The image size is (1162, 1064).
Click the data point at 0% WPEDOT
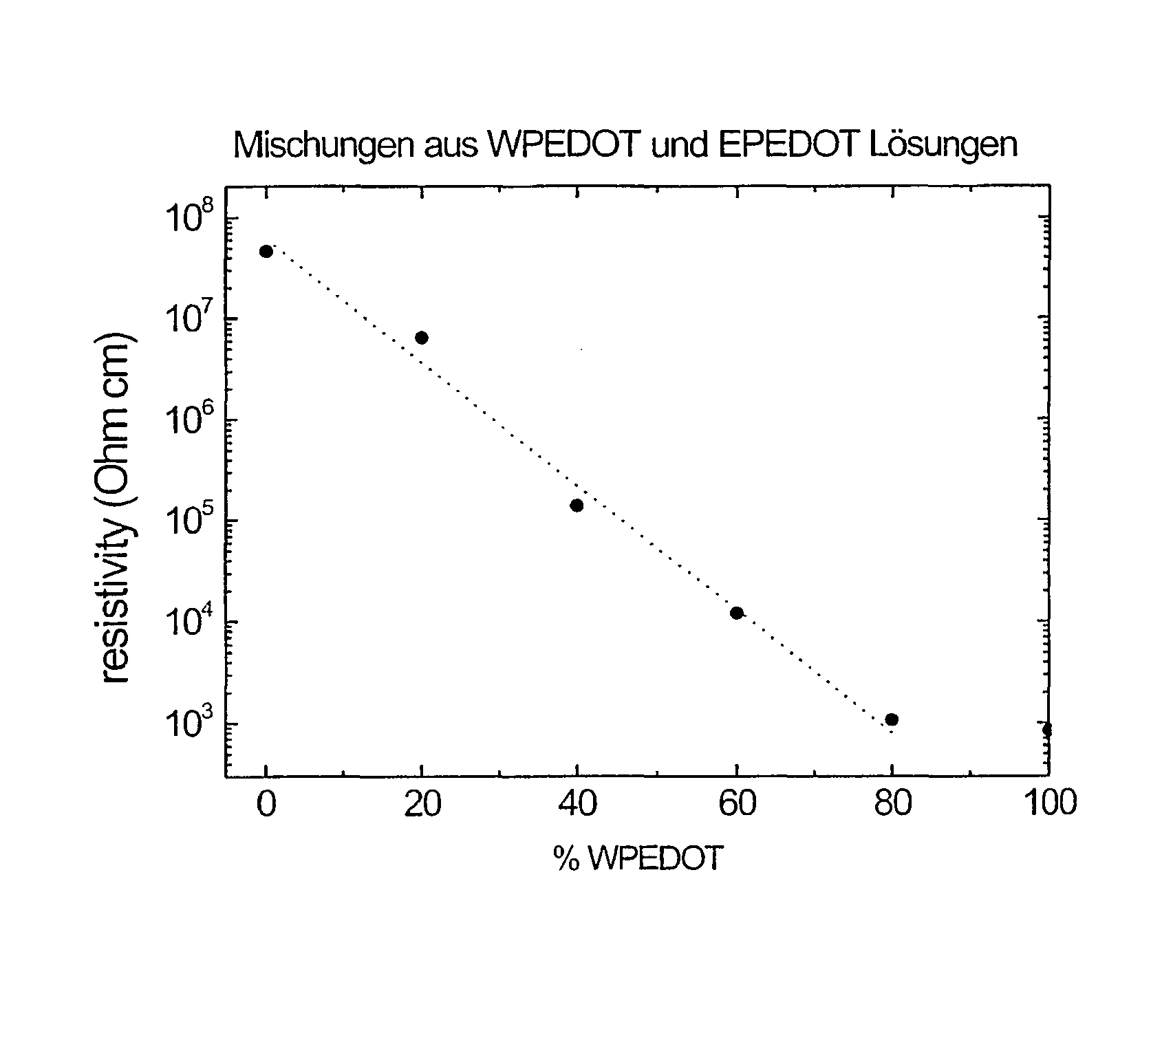coord(266,251)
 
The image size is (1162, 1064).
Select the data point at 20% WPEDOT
coord(422,337)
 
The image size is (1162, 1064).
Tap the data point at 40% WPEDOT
coord(577,506)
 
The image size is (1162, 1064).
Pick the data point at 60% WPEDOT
coord(736,613)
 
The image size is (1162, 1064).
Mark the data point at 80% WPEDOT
coord(892,719)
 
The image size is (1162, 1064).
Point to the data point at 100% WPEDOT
coord(1046,729)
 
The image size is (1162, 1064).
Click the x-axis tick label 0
coord(266,803)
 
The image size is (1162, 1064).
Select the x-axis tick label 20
coord(422,803)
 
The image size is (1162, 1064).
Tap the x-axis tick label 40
coord(578,803)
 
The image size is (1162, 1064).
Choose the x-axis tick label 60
coord(736,803)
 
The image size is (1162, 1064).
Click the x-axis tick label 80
coord(892,803)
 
